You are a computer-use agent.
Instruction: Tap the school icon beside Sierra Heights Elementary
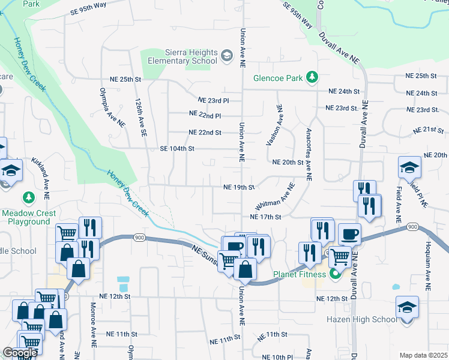226,57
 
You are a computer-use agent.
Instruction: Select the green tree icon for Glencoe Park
312,77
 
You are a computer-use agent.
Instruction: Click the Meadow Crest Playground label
29,217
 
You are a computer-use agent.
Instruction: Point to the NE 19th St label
239,187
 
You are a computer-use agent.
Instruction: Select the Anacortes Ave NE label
309,154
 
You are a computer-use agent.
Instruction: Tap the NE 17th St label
265,217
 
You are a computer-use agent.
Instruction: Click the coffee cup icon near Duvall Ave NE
349,233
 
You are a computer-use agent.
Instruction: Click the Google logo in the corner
20,353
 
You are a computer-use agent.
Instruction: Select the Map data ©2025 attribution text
423,355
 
